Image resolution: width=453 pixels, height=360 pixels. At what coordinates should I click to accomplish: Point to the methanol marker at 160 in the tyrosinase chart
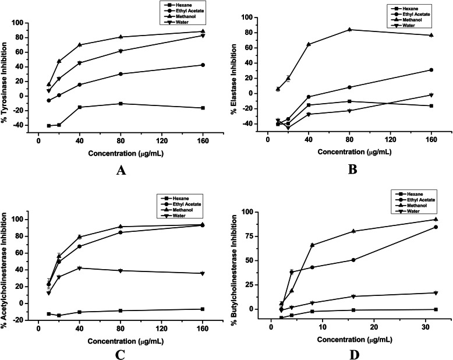pos(203,31)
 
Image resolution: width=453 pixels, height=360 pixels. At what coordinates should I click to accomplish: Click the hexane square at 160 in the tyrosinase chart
pos(203,108)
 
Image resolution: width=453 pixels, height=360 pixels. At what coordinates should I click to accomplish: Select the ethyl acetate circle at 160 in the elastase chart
pos(431,70)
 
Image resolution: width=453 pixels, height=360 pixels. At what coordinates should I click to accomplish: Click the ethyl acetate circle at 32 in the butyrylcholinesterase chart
pos(436,227)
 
